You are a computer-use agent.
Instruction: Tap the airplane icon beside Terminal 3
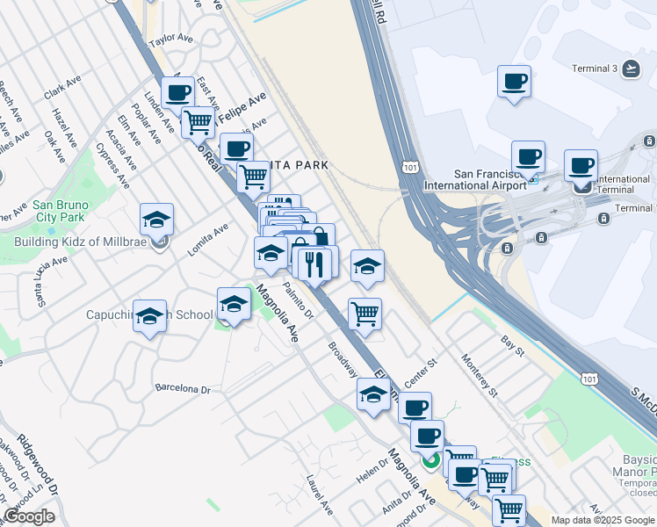point(631,68)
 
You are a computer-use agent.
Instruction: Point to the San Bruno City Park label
point(60,211)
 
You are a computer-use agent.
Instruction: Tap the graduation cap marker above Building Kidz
point(156,220)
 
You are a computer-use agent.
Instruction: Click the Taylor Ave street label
point(170,40)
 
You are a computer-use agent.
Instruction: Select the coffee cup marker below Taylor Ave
point(178,91)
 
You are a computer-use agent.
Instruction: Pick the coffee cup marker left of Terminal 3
point(514,81)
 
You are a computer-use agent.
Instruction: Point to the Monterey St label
point(480,375)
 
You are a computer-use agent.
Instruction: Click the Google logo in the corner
point(30,516)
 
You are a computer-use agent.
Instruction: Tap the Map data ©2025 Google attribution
point(602,520)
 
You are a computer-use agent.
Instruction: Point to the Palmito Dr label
point(298,297)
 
